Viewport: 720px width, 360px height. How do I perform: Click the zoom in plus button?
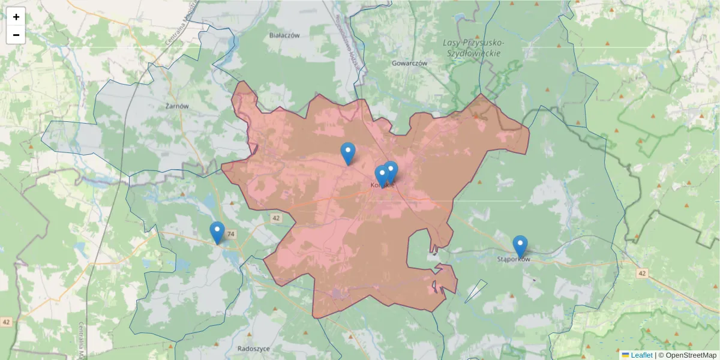coord(16,17)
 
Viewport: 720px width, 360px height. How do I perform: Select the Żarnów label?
coord(176,106)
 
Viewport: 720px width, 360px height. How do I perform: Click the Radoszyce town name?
coord(254,348)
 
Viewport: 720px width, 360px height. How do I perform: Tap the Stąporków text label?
coord(514,260)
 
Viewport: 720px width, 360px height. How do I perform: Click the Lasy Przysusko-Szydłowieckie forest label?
coord(473,48)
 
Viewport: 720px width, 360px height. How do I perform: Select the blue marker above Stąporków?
coord(520,245)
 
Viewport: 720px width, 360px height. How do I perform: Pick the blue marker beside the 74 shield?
coord(217,232)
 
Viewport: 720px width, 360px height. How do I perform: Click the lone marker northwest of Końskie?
coord(348,152)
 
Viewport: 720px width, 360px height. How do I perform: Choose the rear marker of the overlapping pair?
coord(391,170)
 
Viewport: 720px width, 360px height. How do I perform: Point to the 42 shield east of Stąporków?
coord(643,274)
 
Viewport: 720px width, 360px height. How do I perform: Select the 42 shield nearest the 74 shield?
coord(275,218)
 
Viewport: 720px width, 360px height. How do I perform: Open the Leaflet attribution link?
coord(641,355)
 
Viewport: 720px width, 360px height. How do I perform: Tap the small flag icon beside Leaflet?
coord(625,355)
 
